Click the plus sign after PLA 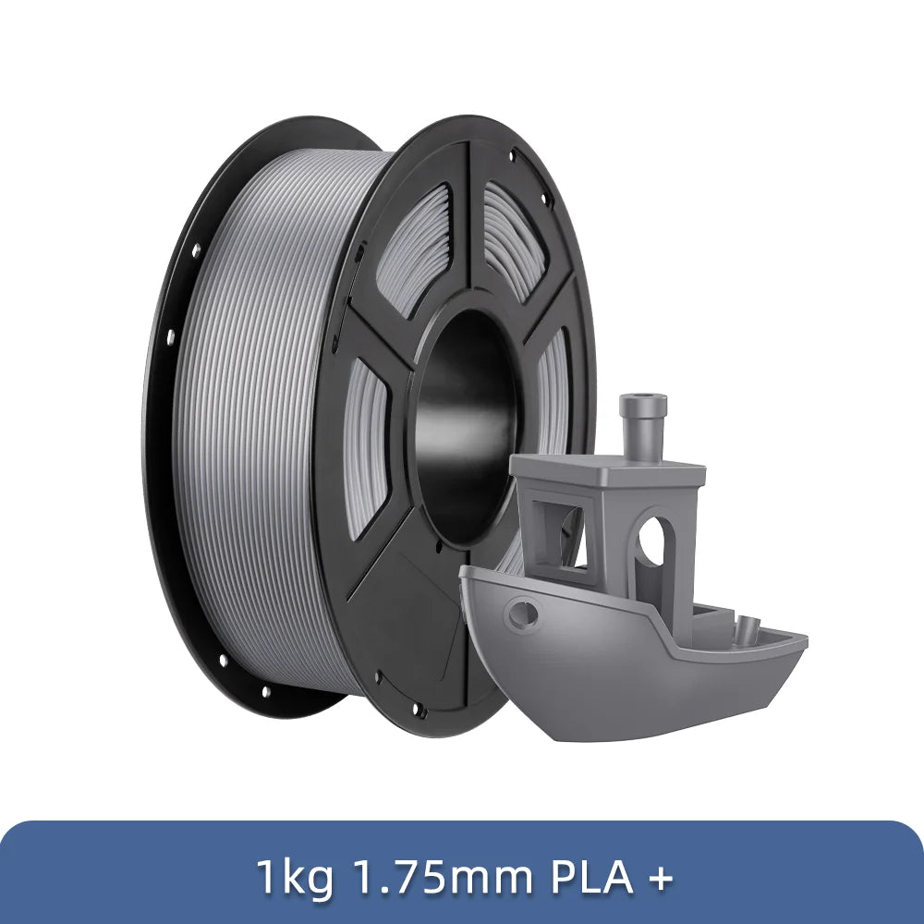pyautogui.click(x=659, y=878)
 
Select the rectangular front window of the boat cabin pyautogui.click(x=560, y=536)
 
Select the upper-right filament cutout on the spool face pyautogui.click(x=514, y=236)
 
